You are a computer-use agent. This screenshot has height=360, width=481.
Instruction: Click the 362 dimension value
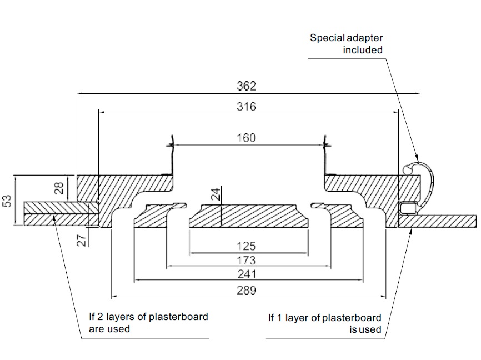pyautogui.click(x=246, y=86)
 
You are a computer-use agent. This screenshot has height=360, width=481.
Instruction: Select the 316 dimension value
pyautogui.click(x=246, y=107)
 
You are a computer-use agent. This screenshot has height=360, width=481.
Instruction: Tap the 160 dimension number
pyautogui.click(x=246, y=138)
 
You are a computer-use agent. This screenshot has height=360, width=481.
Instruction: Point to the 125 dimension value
pyautogui.click(x=246, y=246)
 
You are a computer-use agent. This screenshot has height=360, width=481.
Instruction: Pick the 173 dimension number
pyautogui.click(x=246, y=260)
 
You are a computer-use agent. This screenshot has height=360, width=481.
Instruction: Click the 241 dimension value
pyautogui.click(x=246, y=274)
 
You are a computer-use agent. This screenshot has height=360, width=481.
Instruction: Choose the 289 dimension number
pyautogui.click(x=246, y=289)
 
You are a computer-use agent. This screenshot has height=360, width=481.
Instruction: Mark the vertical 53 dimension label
pyautogui.click(x=8, y=201)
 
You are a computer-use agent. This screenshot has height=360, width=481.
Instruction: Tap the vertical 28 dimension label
pyautogui.click(x=59, y=186)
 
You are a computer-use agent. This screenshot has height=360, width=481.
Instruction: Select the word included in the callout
pyautogui.click(x=362, y=50)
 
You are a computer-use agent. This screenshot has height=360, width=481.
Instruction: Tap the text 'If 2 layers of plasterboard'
pyautogui.click(x=149, y=317)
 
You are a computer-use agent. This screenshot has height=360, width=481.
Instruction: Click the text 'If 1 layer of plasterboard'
pyautogui.click(x=325, y=318)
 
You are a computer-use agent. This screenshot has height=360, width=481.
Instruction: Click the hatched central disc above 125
pyautogui.click(x=248, y=216)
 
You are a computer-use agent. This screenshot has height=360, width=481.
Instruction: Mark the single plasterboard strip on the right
pyautogui.click(x=444, y=221)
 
